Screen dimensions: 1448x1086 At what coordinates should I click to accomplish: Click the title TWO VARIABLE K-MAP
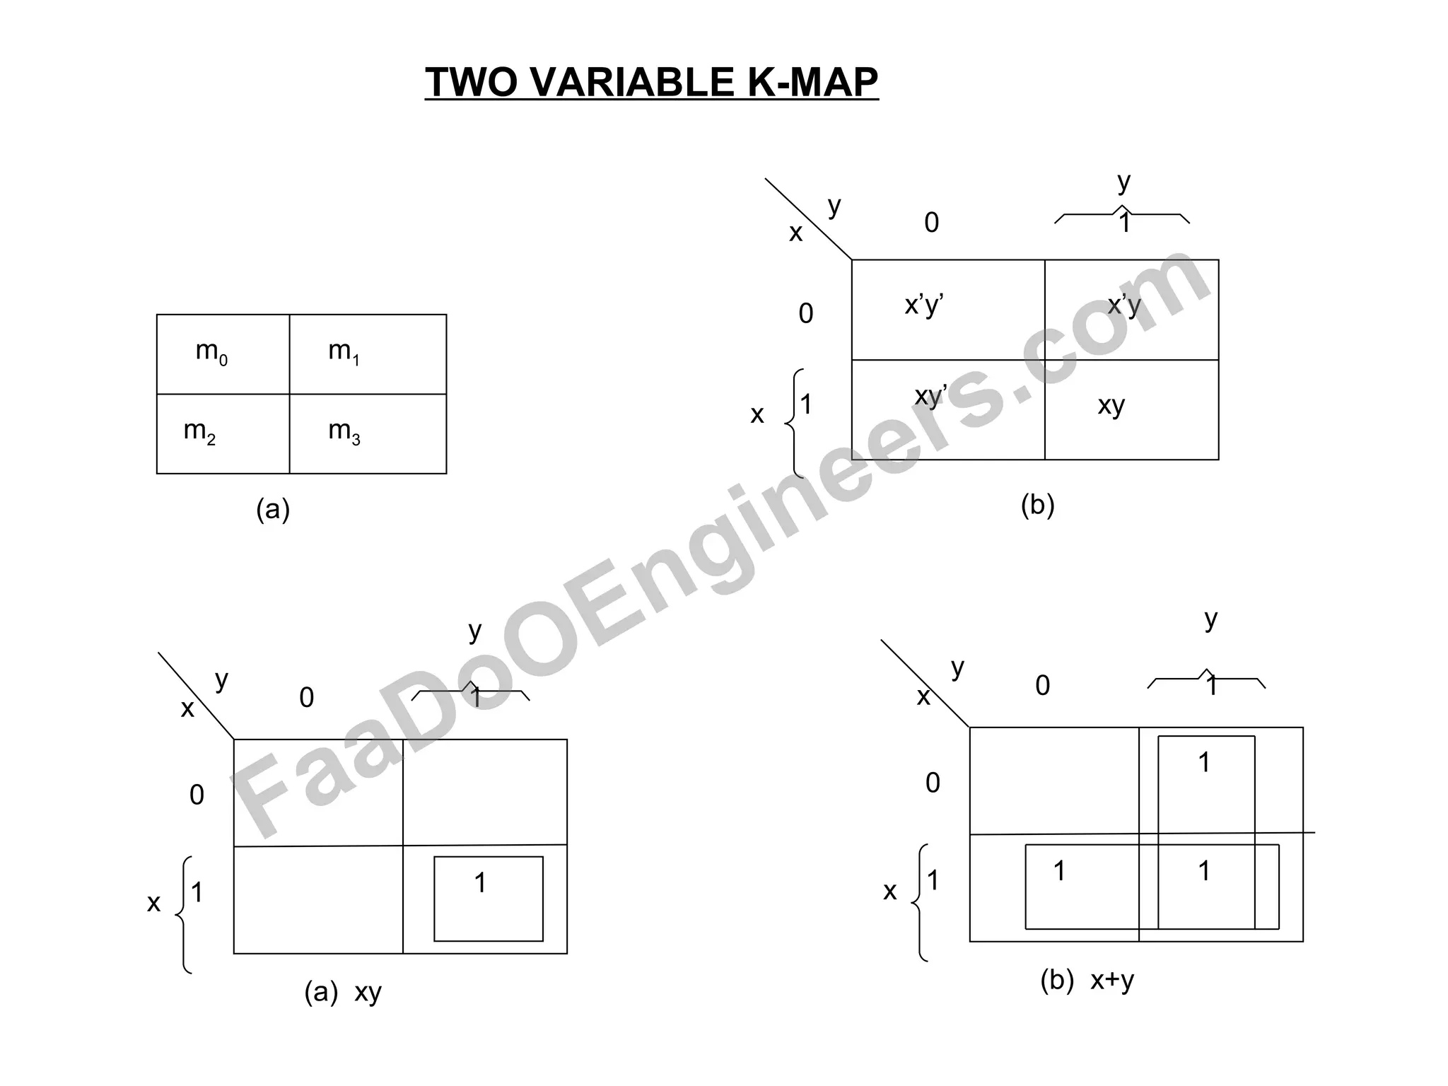tap(651, 82)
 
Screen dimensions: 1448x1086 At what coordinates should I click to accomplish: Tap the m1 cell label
tap(344, 351)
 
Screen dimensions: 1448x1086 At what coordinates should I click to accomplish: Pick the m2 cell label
tap(199, 431)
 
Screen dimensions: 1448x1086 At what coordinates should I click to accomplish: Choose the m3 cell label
tap(344, 431)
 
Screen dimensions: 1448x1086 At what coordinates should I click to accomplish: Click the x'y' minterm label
tap(924, 305)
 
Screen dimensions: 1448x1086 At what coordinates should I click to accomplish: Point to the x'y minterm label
tap(1124, 305)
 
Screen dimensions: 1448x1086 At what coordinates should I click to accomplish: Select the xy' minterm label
tap(930, 396)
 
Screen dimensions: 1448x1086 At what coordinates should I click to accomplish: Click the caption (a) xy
tap(343, 993)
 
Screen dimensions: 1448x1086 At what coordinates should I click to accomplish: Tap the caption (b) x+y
tap(1087, 981)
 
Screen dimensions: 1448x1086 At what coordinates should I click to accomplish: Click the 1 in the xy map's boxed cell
tap(480, 883)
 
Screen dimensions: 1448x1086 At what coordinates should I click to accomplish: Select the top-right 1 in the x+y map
tap(1204, 762)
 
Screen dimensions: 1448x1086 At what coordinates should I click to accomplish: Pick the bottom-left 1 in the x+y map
tap(1059, 871)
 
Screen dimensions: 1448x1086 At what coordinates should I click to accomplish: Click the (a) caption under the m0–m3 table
tap(273, 509)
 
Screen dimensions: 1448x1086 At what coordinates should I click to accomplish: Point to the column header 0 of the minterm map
tap(932, 223)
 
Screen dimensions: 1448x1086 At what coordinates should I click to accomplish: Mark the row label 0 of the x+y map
tap(933, 783)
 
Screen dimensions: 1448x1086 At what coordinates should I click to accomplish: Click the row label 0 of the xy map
tap(197, 795)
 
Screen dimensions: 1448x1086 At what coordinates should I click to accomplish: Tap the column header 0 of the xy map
tap(306, 698)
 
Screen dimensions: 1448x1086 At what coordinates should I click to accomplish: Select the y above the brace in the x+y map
tap(1211, 619)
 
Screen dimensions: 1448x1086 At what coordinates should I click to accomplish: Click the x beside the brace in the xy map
tap(153, 903)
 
